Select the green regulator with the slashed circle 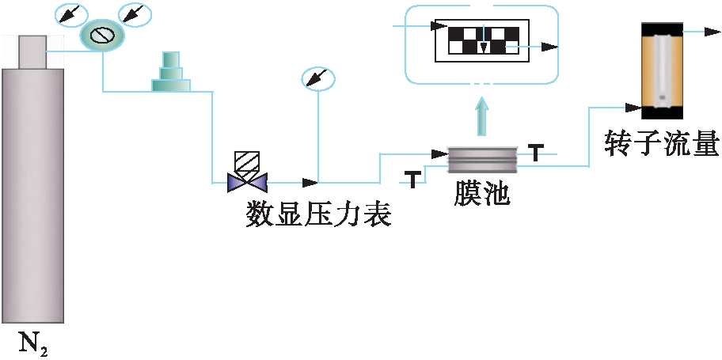click(102, 34)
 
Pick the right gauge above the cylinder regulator click(134, 13)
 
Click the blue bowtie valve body click(246, 183)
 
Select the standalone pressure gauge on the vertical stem click(318, 78)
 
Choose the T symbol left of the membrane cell click(412, 178)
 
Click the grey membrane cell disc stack click(482, 159)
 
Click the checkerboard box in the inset click(482, 40)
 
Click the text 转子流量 click(661, 144)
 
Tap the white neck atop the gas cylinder click(32, 51)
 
